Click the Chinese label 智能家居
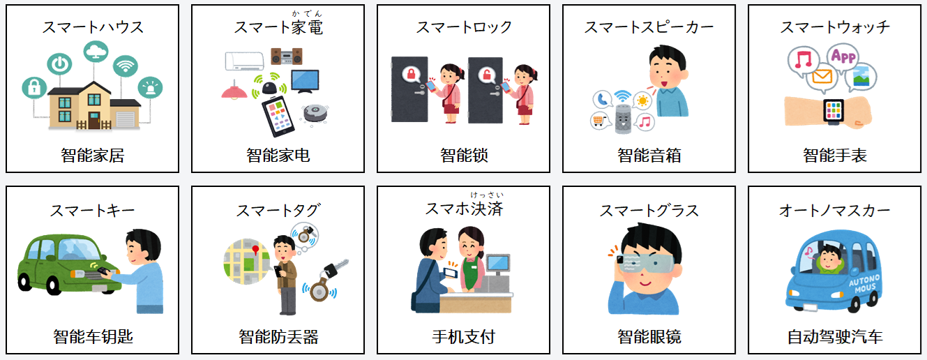click(x=92, y=156)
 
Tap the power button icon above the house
click(x=59, y=64)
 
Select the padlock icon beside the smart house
click(x=34, y=88)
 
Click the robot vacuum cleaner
click(x=315, y=112)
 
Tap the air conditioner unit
click(x=245, y=61)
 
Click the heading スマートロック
click(x=463, y=27)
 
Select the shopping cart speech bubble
click(x=600, y=121)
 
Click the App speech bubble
click(x=843, y=57)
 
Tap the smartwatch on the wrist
click(x=833, y=112)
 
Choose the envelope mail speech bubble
click(x=822, y=77)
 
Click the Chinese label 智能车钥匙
click(x=93, y=337)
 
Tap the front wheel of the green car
click(x=54, y=285)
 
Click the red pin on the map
click(x=256, y=250)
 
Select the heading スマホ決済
click(x=464, y=209)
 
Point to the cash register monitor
click(x=499, y=264)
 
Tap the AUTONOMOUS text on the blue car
click(x=864, y=284)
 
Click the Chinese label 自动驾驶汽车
click(x=835, y=337)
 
